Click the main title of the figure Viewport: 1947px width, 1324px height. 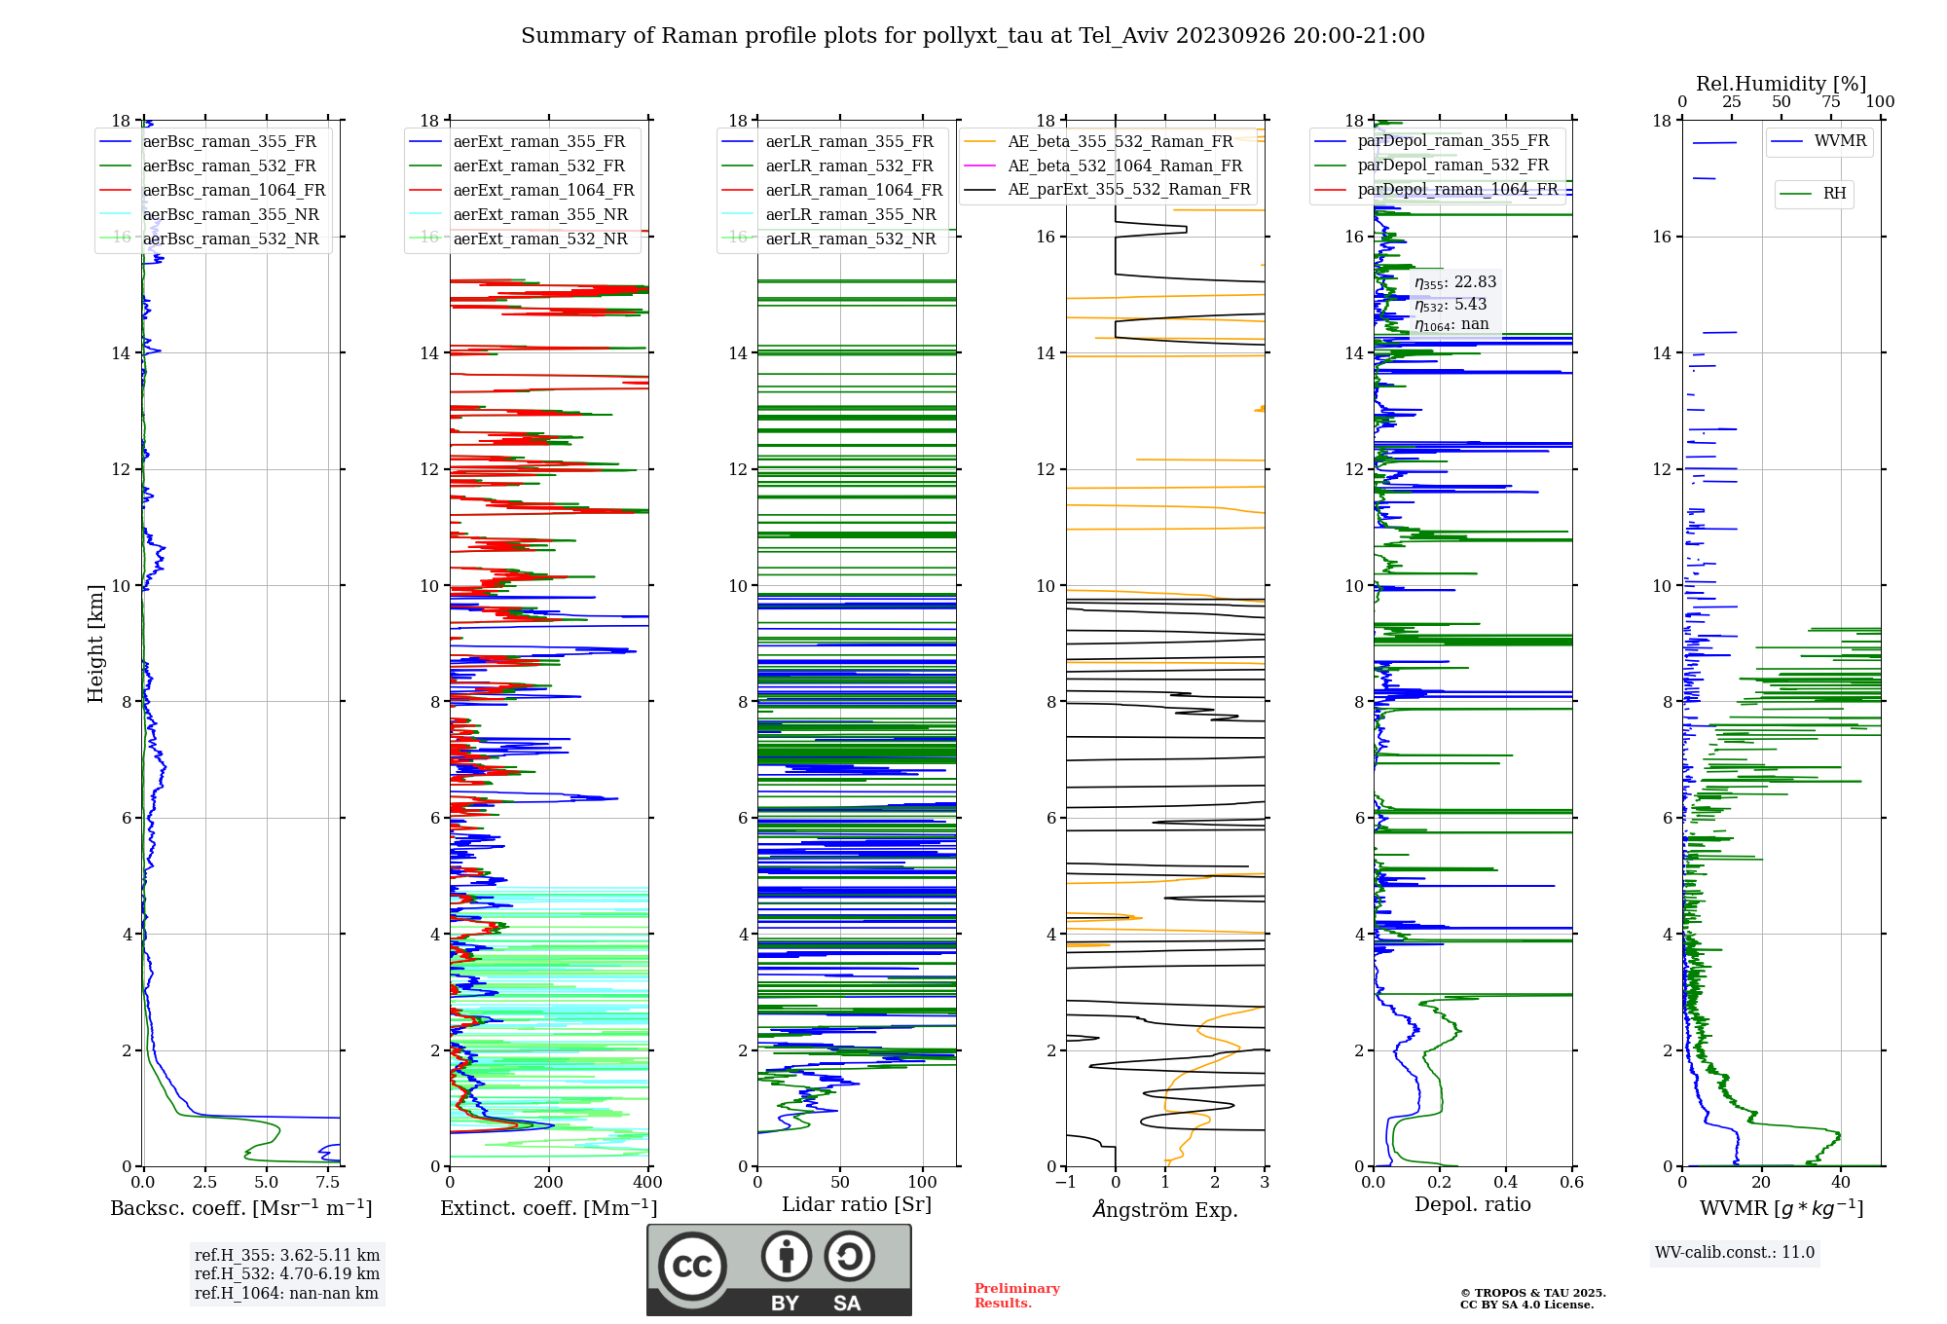[973, 36]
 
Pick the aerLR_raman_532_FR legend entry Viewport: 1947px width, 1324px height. [849, 166]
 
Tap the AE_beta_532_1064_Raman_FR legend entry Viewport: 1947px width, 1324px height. [1124, 166]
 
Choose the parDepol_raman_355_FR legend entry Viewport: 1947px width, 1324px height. [1452, 141]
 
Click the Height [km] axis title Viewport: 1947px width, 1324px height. [95, 643]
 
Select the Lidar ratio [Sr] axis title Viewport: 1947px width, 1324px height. [857, 1204]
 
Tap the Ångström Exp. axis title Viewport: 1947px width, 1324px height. [1165, 1209]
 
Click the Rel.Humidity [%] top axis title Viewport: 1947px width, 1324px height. [1781, 84]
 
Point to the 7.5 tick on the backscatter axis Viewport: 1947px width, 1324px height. [328, 1183]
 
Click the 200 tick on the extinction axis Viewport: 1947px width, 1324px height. [549, 1183]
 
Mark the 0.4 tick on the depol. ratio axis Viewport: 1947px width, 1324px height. [1506, 1183]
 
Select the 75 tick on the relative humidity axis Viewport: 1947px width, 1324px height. [1831, 102]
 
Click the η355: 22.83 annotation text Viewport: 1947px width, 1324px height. [1455, 282]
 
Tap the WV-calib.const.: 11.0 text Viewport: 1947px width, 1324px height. [1735, 1253]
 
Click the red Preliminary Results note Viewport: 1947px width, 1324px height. [1016, 1296]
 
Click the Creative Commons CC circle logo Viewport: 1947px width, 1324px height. [692, 1267]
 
